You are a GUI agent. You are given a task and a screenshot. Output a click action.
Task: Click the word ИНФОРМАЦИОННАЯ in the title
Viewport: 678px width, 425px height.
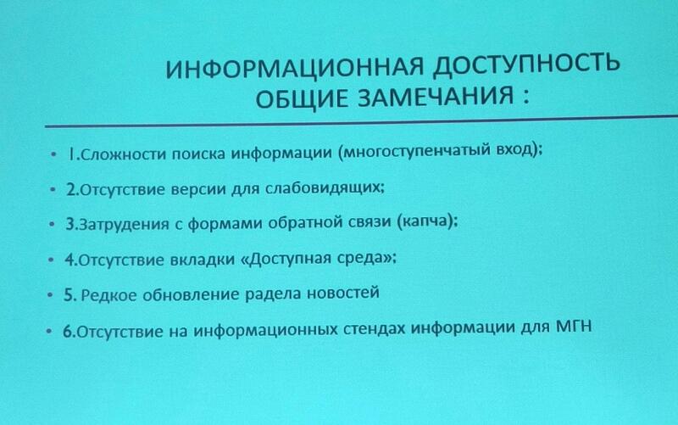click(x=294, y=67)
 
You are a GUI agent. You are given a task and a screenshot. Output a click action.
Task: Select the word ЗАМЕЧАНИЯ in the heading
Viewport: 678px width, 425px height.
click(x=436, y=96)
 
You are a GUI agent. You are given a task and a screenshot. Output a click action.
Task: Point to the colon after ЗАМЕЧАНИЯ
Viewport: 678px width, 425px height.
click(x=525, y=96)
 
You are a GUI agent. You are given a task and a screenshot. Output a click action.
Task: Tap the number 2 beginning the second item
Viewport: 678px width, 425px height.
click(x=71, y=189)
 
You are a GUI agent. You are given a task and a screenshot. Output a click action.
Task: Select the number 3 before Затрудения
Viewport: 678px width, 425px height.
click(x=70, y=224)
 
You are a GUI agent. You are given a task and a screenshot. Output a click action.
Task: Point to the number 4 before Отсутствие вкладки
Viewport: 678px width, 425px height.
click(x=70, y=260)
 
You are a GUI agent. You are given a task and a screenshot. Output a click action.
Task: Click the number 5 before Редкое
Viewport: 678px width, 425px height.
click(x=69, y=295)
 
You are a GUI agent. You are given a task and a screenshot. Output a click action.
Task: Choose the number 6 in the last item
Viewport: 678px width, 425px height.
click(x=69, y=332)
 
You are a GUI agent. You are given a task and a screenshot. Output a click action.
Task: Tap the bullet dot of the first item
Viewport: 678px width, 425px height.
click(x=53, y=154)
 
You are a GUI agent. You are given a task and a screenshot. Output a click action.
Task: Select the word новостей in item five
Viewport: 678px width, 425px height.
click(x=343, y=293)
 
